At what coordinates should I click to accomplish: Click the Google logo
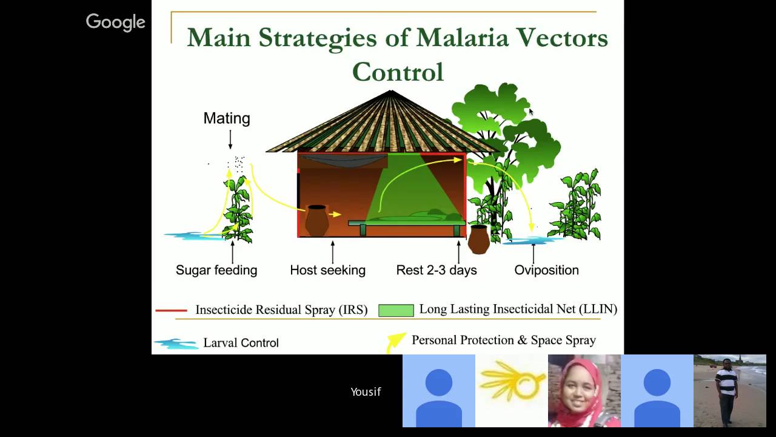point(115,22)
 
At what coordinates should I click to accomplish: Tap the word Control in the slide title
point(398,72)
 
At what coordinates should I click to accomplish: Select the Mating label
point(227,118)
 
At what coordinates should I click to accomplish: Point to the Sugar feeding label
point(216,270)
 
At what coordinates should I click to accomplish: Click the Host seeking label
point(327,270)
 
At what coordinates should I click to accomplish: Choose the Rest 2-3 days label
point(436,270)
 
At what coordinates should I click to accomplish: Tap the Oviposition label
point(546,270)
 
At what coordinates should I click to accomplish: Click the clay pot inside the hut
point(316,220)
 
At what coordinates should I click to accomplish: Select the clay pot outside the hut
point(478,239)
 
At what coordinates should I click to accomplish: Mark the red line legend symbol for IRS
point(171,310)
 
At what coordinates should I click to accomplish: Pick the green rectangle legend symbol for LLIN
point(396,310)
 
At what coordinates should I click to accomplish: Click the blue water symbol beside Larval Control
point(176,344)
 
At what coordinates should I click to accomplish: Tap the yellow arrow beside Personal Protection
point(396,341)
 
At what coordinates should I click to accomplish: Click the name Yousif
point(366,391)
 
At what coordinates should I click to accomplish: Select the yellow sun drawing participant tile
point(511,391)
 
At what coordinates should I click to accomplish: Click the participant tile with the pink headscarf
point(584,391)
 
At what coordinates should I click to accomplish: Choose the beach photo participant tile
point(729,391)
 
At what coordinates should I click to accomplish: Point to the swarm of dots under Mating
point(238,163)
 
